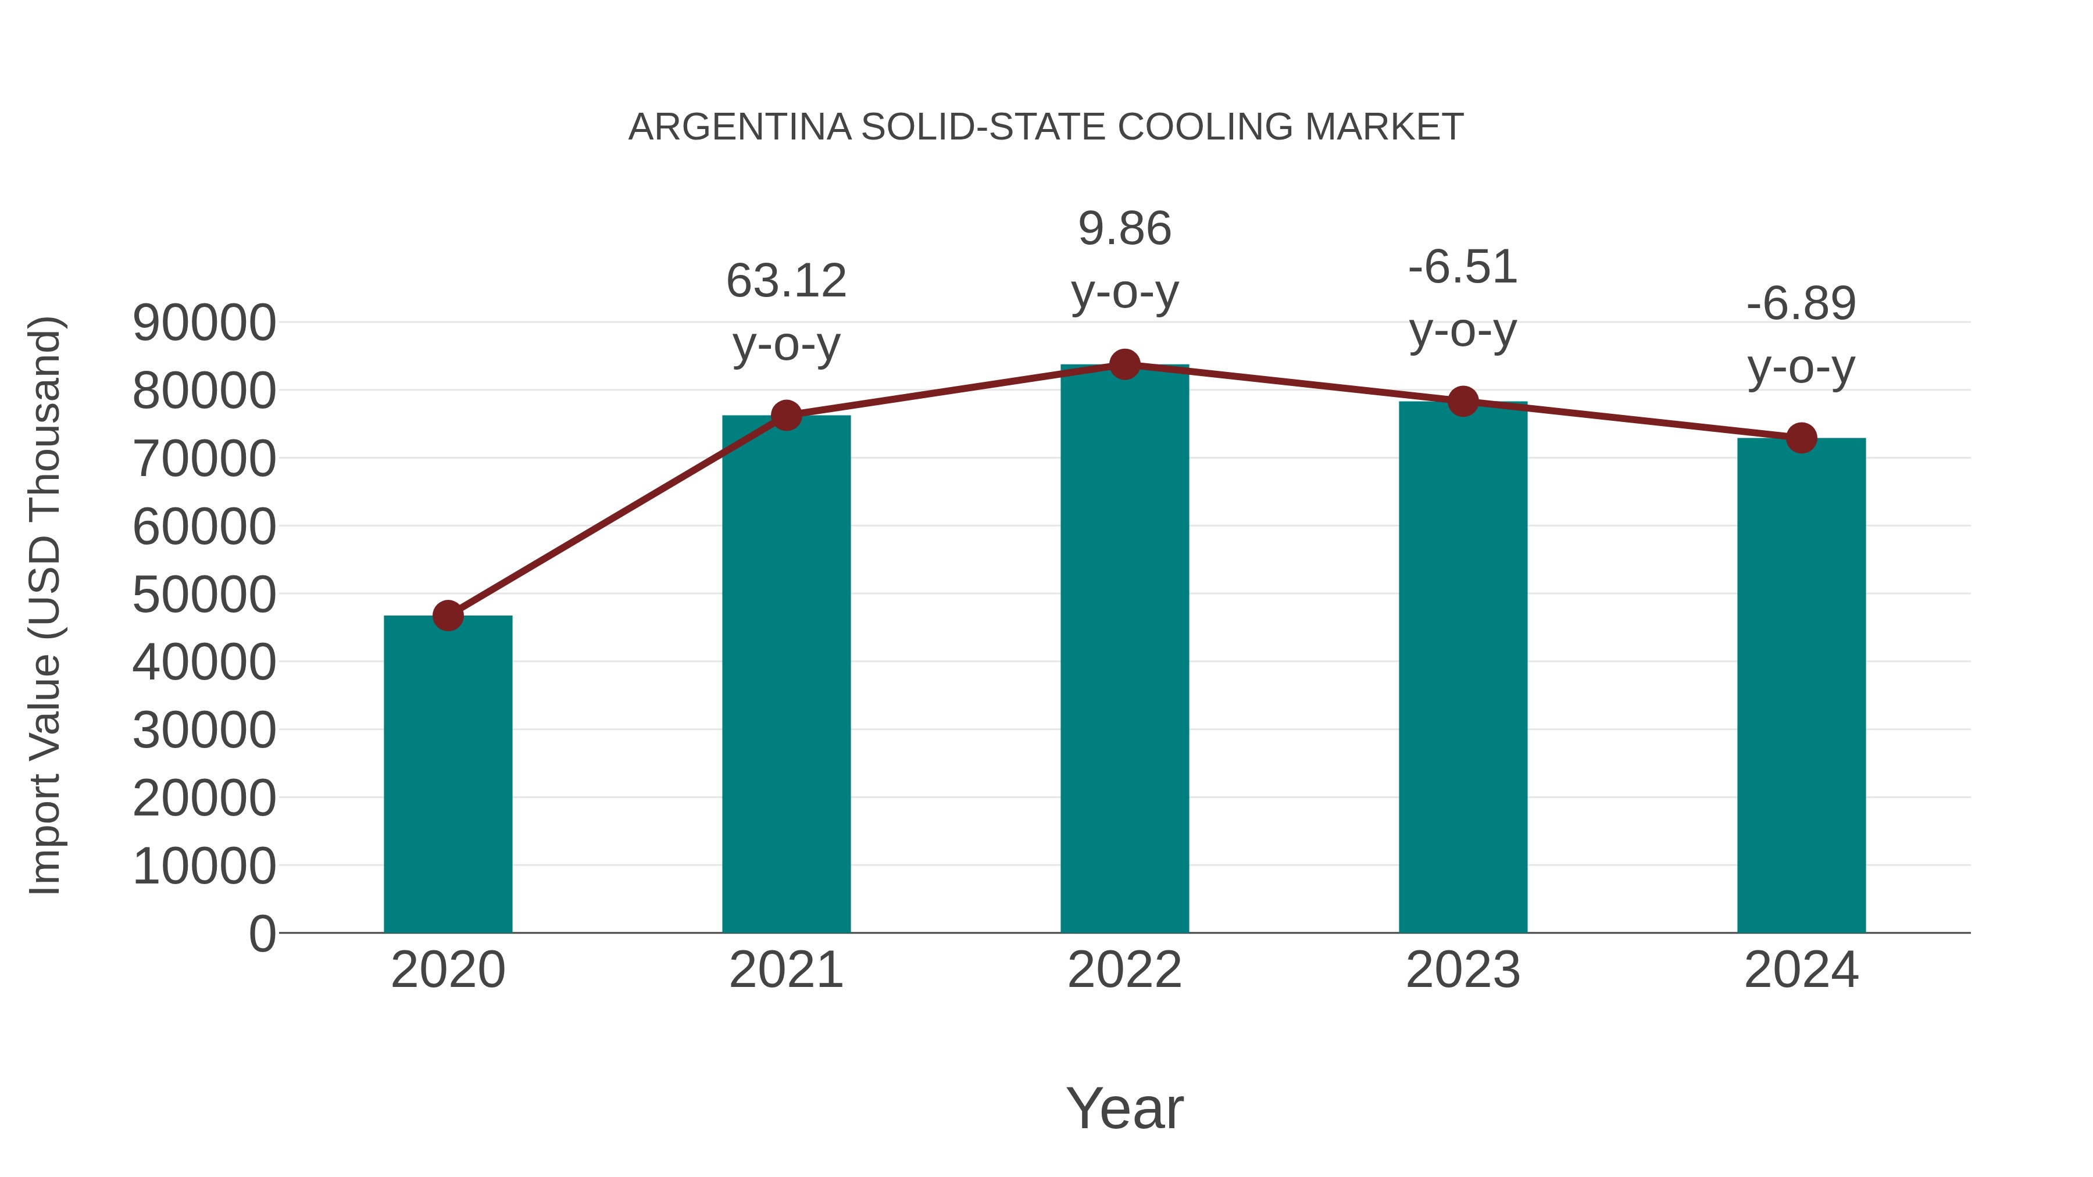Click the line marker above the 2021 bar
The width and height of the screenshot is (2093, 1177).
click(x=787, y=416)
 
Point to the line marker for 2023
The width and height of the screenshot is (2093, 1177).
click(x=1463, y=401)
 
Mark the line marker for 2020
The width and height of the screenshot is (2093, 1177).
click(x=448, y=616)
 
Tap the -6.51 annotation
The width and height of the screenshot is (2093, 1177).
click(x=1463, y=267)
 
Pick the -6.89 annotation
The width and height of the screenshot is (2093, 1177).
click(x=1801, y=304)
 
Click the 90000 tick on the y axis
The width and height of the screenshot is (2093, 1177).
click(x=204, y=323)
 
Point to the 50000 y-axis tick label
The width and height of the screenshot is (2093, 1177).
click(x=204, y=595)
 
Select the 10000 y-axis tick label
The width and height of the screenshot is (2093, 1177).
click(x=204, y=866)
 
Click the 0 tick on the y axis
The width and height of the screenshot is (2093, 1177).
click(x=262, y=933)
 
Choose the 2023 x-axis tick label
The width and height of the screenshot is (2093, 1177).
click(x=1463, y=970)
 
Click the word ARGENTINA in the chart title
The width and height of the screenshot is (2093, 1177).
click(x=740, y=127)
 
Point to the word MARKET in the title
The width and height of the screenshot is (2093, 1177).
click(x=1384, y=127)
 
